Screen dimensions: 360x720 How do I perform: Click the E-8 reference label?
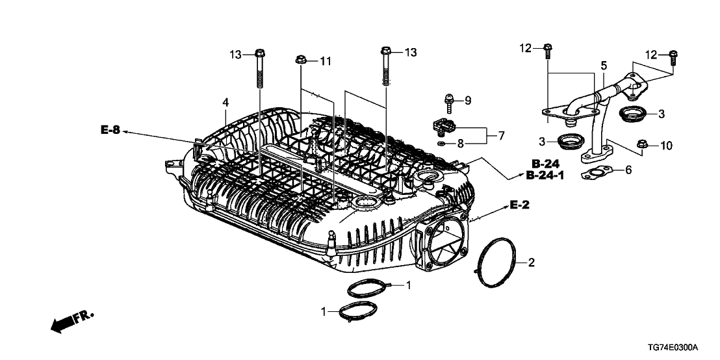click(110, 131)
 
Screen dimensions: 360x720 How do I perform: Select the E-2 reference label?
click(519, 205)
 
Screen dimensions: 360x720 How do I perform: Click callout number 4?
click(225, 103)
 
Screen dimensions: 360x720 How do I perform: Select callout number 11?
click(325, 61)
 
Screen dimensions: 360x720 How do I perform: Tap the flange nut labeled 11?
click(302, 60)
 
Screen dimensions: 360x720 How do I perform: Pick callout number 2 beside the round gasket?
click(531, 263)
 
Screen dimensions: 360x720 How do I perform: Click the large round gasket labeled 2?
click(498, 262)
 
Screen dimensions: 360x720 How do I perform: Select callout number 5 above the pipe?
click(603, 65)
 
